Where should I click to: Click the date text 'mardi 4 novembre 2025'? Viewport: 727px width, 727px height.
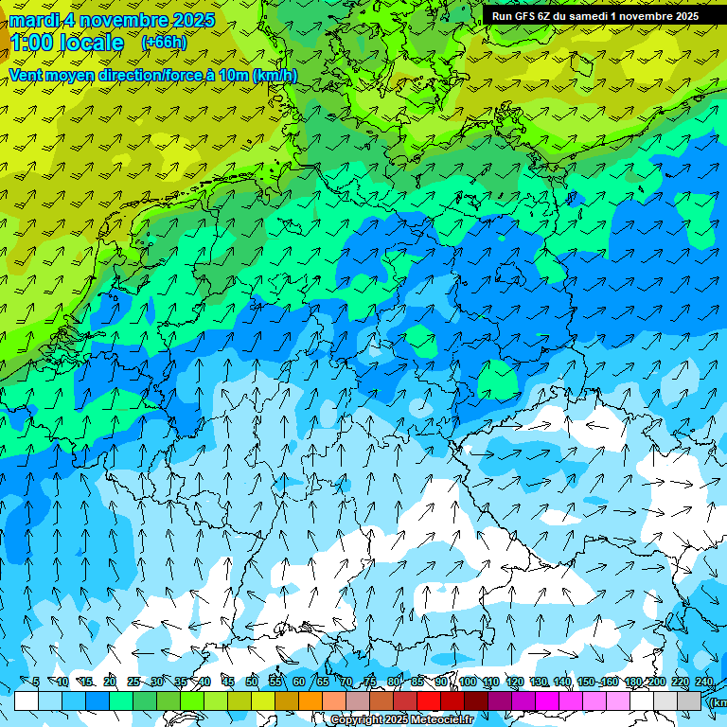pos(112,20)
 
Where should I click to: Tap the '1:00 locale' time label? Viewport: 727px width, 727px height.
pos(66,43)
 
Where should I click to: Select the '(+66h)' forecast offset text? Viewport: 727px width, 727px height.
pos(164,43)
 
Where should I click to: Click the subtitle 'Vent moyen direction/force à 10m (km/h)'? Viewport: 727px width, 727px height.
pos(153,76)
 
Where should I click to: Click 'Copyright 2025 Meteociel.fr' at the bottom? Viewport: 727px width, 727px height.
pos(401,720)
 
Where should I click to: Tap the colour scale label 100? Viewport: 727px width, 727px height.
pos(467,682)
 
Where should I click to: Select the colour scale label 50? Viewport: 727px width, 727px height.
pos(252,682)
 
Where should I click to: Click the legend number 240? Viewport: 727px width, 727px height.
pos(703,682)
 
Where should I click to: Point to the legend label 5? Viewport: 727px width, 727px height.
pos(36,682)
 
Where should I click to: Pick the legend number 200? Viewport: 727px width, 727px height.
pos(656,682)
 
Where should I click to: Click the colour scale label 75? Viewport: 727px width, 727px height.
pos(370,682)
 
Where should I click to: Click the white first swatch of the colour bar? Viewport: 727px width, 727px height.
pos(27,700)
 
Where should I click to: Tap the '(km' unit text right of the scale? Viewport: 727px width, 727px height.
pos(718,702)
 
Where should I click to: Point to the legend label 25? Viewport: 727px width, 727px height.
pos(133,682)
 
